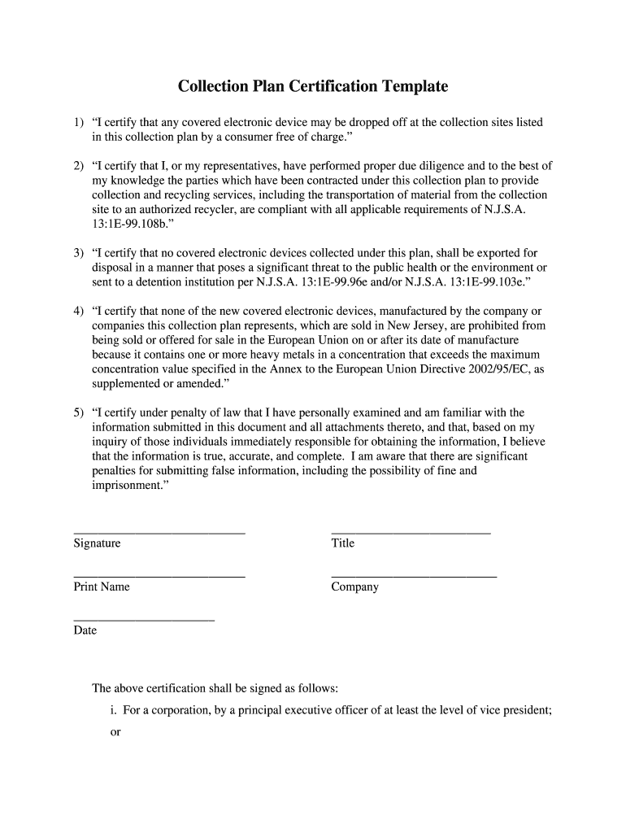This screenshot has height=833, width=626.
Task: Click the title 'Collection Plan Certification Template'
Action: pyautogui.click(x=313, y=86)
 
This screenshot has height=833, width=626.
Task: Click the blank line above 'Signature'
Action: pyautogui.click(x=159, y=533)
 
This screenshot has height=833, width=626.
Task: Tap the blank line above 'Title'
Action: pyautogui.click(x=411, y=533)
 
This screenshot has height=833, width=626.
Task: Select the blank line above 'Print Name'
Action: pyautogui.click(x=159, y=577)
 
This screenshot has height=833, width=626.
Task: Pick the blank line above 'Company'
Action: pyautogui.click(x=414, y=577)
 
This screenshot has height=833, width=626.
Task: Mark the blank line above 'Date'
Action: pyautogui.click(x=144, y=621)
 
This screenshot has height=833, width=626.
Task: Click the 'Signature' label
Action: pyautogui.click(x=97, y=543)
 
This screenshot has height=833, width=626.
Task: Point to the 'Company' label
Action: pyautogui.click(x=354, y=587)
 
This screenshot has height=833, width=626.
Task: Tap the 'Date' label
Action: pyautogui.click(x=85, y=630)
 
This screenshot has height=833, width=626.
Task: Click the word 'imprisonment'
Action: pyautogui.click(x=128, y=486)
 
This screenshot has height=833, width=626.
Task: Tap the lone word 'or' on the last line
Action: pyautogui.click(x=115, y=732)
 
